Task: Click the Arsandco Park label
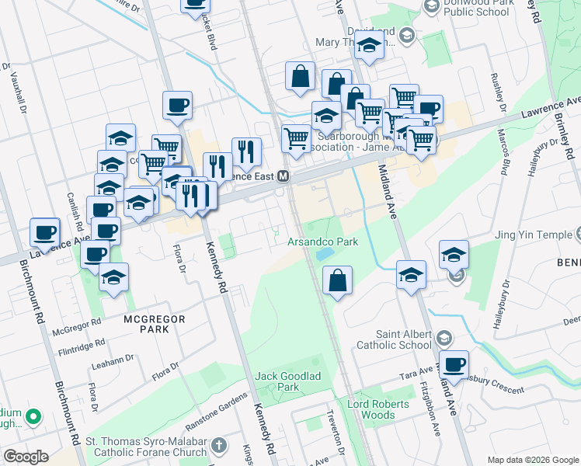point(323,242)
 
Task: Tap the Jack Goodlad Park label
point(277,381)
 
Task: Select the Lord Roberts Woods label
point(377,409)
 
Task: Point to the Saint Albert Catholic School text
point(393,339)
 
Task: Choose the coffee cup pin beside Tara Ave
point(454,363)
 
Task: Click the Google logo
point(26,457)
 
